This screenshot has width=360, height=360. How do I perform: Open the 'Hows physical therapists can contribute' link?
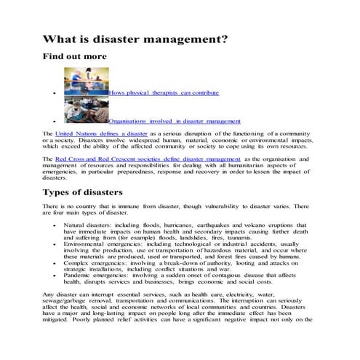[x=164, y=93]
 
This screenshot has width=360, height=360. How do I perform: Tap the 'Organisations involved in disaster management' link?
[x=175, y=121]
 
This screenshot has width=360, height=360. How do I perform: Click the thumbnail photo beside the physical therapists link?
[x=86, y=81]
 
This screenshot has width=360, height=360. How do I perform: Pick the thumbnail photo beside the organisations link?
[x=86, y=111]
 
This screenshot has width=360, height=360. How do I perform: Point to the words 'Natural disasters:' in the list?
[x=86, y=225]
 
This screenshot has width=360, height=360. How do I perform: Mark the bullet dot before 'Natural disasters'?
[x=55, y=226]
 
